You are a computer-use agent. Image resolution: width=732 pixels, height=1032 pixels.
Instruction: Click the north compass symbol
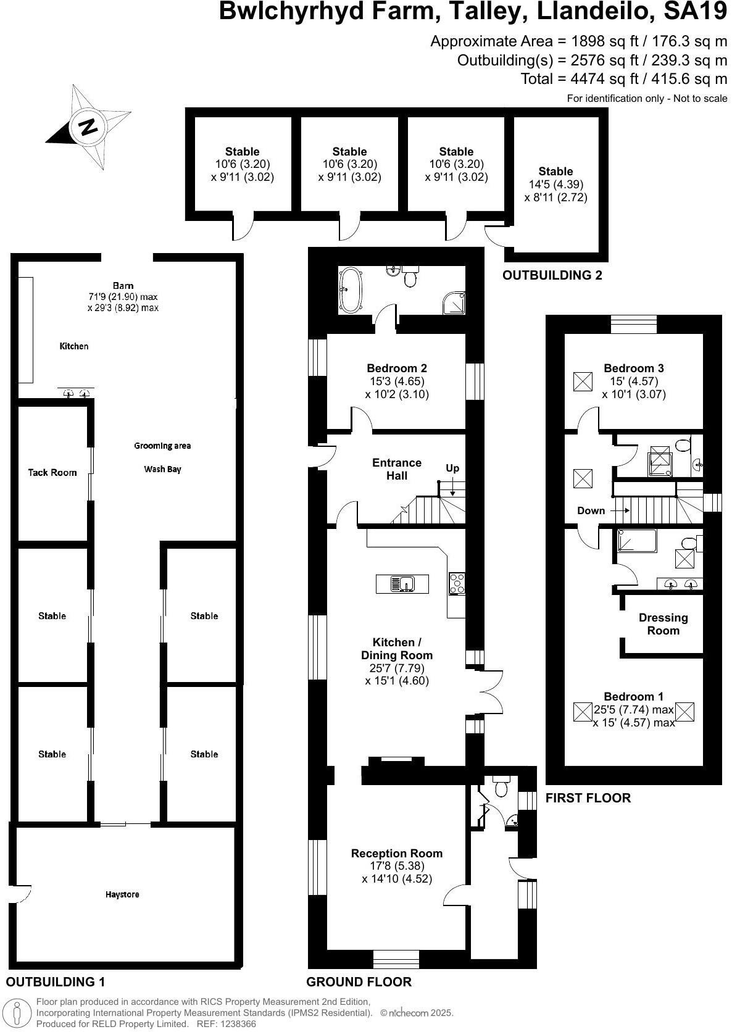86,127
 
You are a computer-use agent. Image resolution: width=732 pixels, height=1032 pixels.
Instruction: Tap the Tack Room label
52,473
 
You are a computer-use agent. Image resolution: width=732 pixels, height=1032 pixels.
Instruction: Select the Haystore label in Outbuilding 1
122,894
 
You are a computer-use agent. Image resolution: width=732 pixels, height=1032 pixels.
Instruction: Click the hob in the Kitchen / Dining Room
457,583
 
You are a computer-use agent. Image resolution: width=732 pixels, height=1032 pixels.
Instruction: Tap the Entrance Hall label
397,469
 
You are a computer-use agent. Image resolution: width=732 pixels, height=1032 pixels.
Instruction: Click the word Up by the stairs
452,468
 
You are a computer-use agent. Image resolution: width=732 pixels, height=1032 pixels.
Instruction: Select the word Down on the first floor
591,510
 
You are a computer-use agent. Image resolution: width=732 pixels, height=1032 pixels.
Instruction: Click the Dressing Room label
663,624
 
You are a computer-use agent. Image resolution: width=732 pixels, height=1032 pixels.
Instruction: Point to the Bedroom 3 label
634,368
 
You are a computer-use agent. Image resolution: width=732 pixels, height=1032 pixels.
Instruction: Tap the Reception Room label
397,854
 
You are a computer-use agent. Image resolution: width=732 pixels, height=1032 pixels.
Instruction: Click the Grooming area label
162,446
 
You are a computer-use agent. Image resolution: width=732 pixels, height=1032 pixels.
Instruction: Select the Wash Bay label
162,469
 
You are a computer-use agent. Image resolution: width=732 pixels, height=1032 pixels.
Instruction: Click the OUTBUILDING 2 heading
552,275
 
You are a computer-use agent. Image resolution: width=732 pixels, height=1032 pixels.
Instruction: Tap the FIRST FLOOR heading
588,798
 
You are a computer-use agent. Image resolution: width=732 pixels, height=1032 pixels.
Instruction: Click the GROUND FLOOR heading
359,982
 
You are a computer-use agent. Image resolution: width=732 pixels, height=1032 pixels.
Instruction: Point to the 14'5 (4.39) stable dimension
555,185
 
